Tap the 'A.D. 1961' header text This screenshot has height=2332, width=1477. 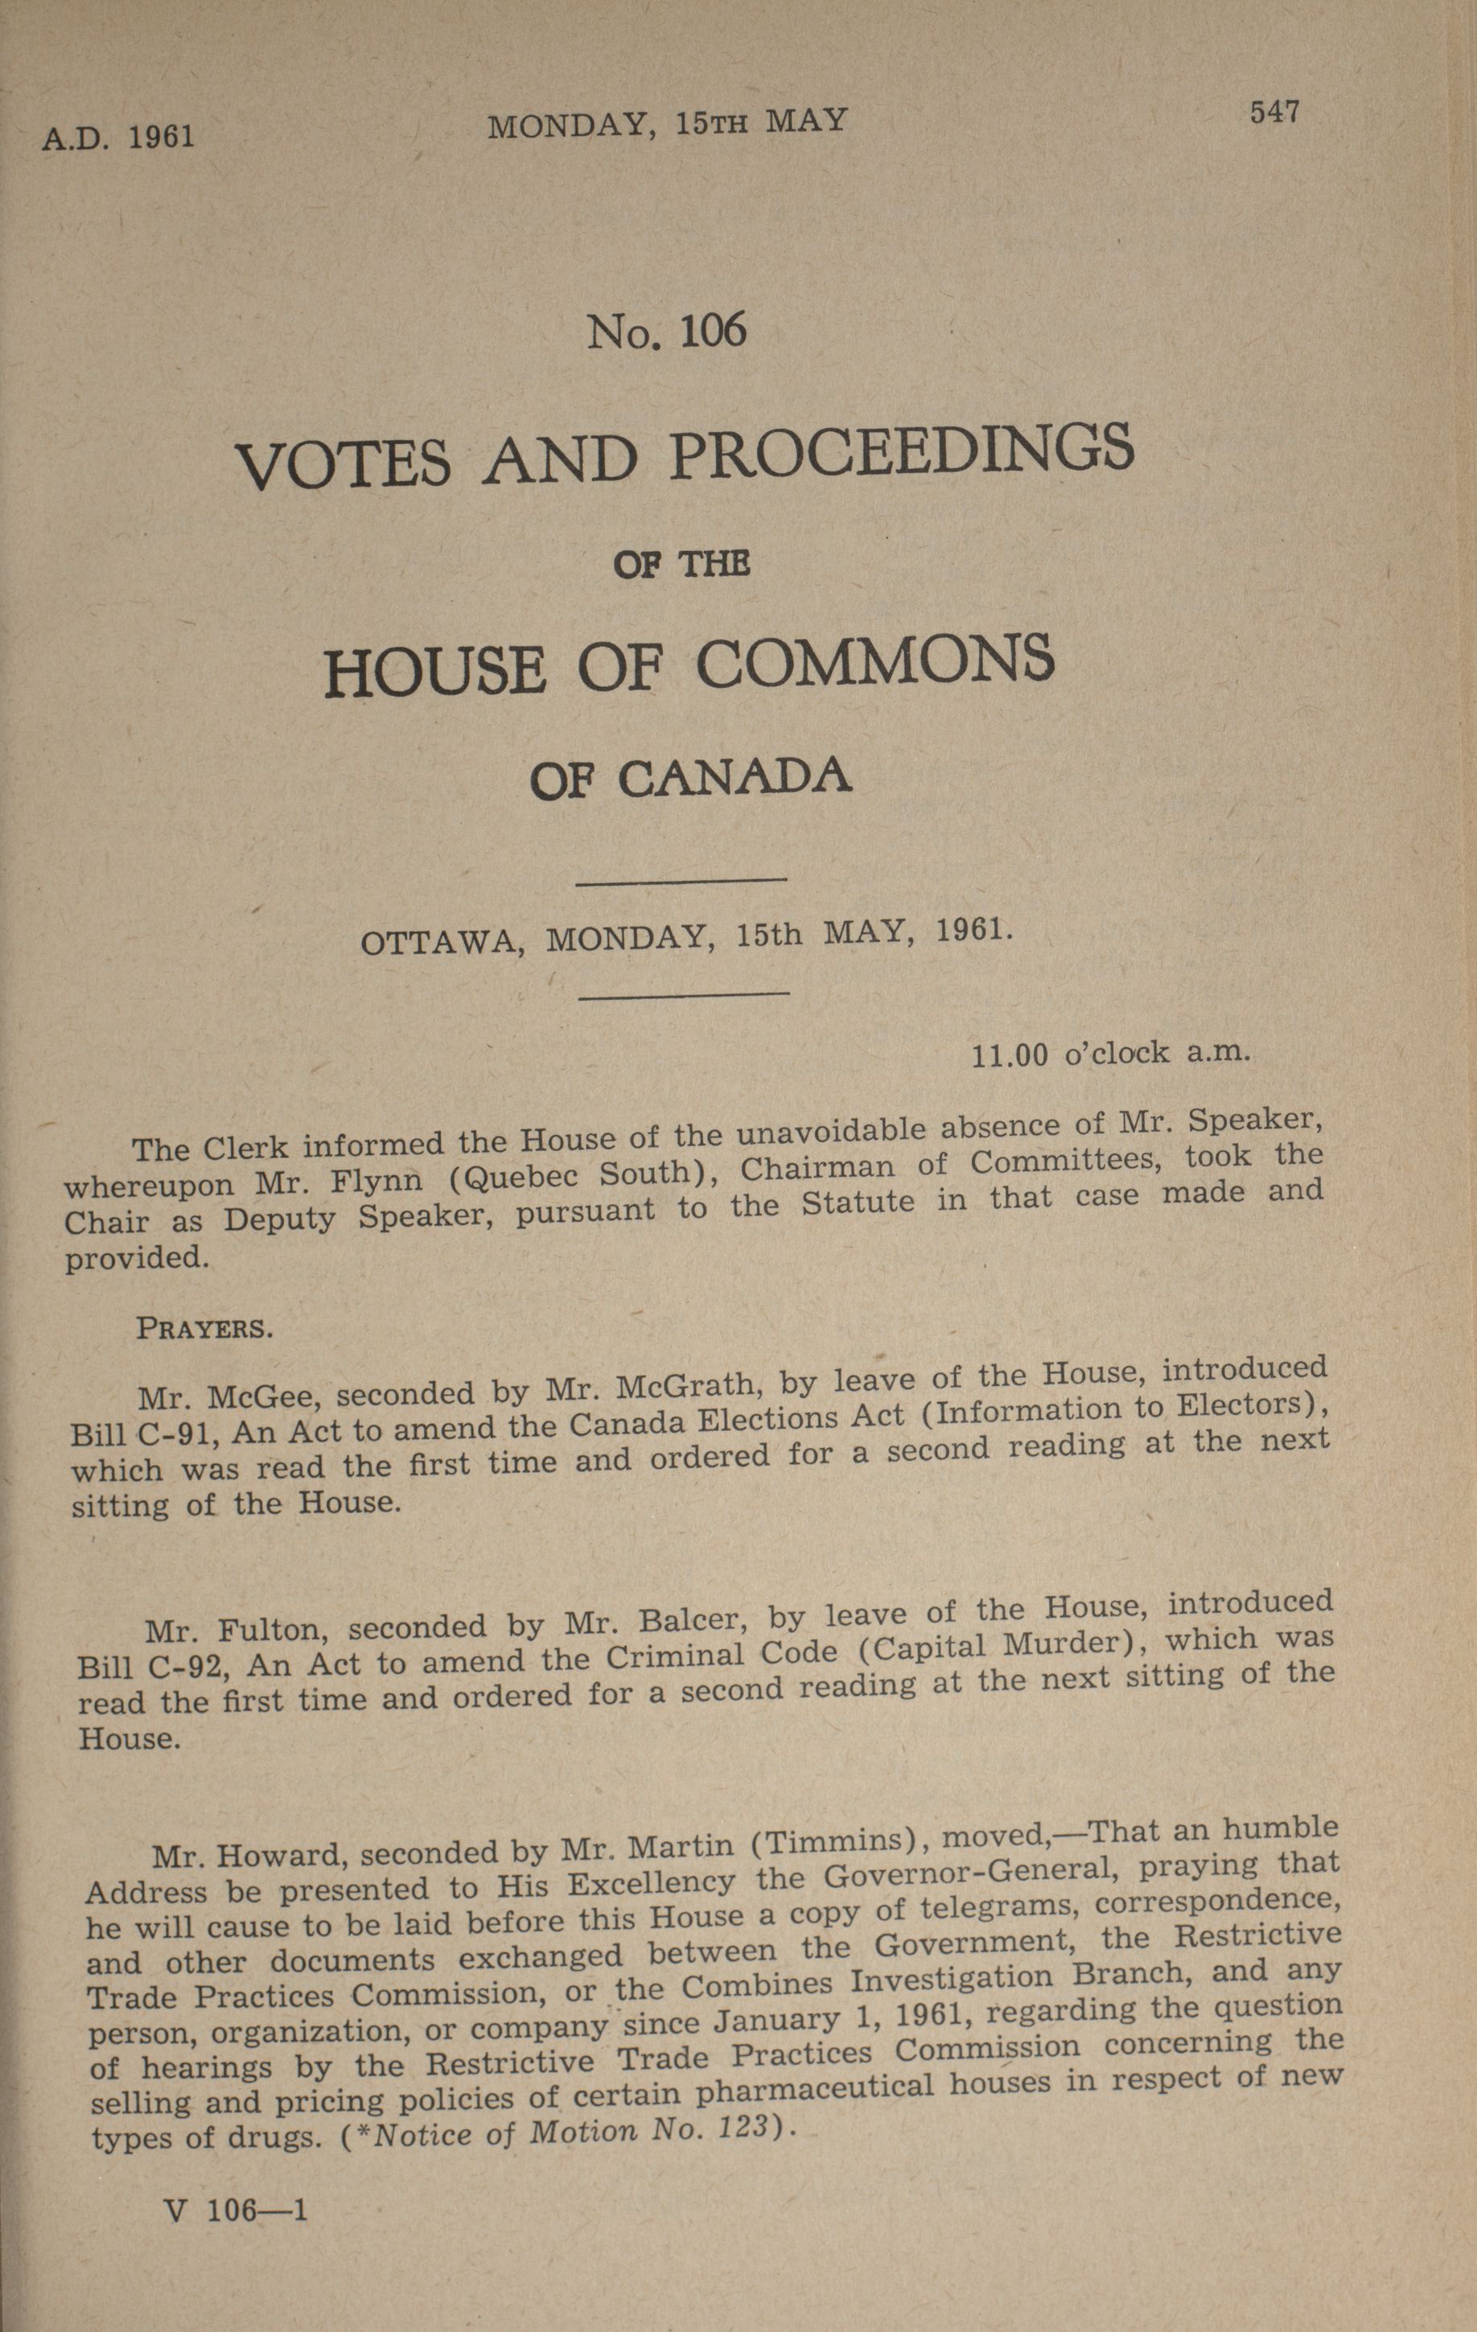pyautogui.click(x=118, y=137)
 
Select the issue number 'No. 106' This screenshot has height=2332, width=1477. pyautogui.click(x=668, y=332)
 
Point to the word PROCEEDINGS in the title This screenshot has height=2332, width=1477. pyautogui.click(x=901, y=450)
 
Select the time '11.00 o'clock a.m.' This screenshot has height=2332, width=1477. pyautogui.click(x=1111, y=1053)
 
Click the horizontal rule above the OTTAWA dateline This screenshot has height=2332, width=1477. pyautogui.click(x=681, y=880)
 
